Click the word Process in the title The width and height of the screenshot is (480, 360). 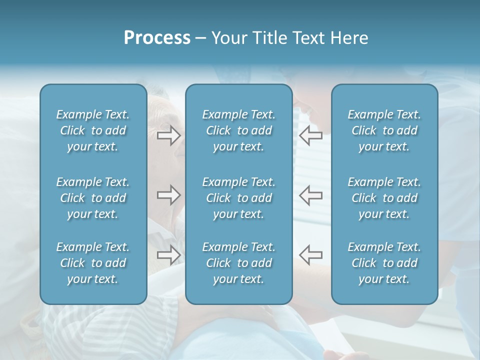pyautogui.click(x=157, y=38)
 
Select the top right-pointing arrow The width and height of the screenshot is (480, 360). pyautogui.click(x=168, y=135)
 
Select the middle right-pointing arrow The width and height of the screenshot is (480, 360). pyautogui.click(x=168, y=195)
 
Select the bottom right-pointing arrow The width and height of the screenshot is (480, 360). pyautogui.click(x=168, y=255)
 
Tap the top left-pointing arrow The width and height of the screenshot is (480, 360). pyautogui.click(x=311, y=135)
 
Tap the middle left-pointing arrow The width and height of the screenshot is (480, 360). pyautogui.click(x=311, y=195)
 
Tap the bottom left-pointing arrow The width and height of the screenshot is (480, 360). pyautogui.click(x=311, y=255)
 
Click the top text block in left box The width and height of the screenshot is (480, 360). pyautogui.click(x=93, y=130)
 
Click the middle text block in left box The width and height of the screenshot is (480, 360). pyautogui.click(x=93, y=198)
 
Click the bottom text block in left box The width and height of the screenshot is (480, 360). pyautogui.click(x=93, y=263)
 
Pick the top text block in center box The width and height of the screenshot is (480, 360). pyautogui.click(x=238, y=130)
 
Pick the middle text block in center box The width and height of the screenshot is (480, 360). pyautogui.click(x=238, y=198)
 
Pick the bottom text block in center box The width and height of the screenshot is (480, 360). pyautogui.click(x=238, y=263)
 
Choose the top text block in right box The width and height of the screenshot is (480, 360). pyautogui.click(x=384, y=130)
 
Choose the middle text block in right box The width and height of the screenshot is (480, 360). pyautogui.click(x=384, y=198)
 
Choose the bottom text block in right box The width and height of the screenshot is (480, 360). pyautogui.click(x=384, y=263)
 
